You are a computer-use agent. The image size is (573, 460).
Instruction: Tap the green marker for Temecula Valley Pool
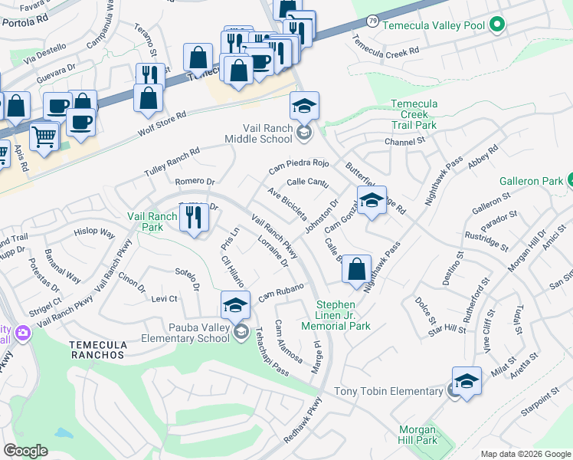[496, 25]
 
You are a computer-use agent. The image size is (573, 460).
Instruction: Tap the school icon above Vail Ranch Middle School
[304, 107]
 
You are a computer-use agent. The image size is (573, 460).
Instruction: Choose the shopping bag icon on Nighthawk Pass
[356, 270]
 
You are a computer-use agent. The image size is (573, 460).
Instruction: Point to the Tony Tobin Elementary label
[388, 391]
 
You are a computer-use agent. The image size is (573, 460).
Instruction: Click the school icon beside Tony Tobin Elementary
[467, 381]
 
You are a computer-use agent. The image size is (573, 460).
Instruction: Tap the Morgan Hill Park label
[417, 435]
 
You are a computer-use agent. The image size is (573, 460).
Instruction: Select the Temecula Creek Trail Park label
[414, 114]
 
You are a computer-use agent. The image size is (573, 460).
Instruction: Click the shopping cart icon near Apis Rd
[44, 137]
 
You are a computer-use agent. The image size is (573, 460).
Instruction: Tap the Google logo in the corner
[26, 451]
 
